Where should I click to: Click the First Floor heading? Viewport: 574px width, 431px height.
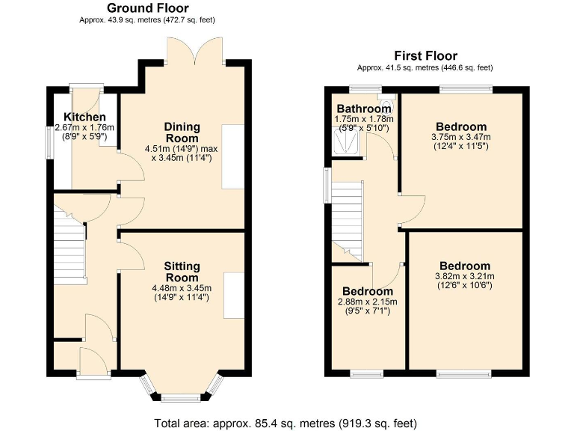click(x=425, y=56)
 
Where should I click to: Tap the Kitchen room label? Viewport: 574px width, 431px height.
click(x=84, y=117)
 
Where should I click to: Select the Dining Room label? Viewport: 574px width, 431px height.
click(x=182, y=132)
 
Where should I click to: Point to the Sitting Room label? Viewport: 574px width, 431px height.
click(x=182, y=272)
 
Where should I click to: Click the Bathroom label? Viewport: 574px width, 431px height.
click(x=363, y=109)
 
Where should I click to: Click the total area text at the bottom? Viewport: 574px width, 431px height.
click(x=286, y=422)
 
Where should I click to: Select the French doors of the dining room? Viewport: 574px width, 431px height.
click(x=194, y=52)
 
